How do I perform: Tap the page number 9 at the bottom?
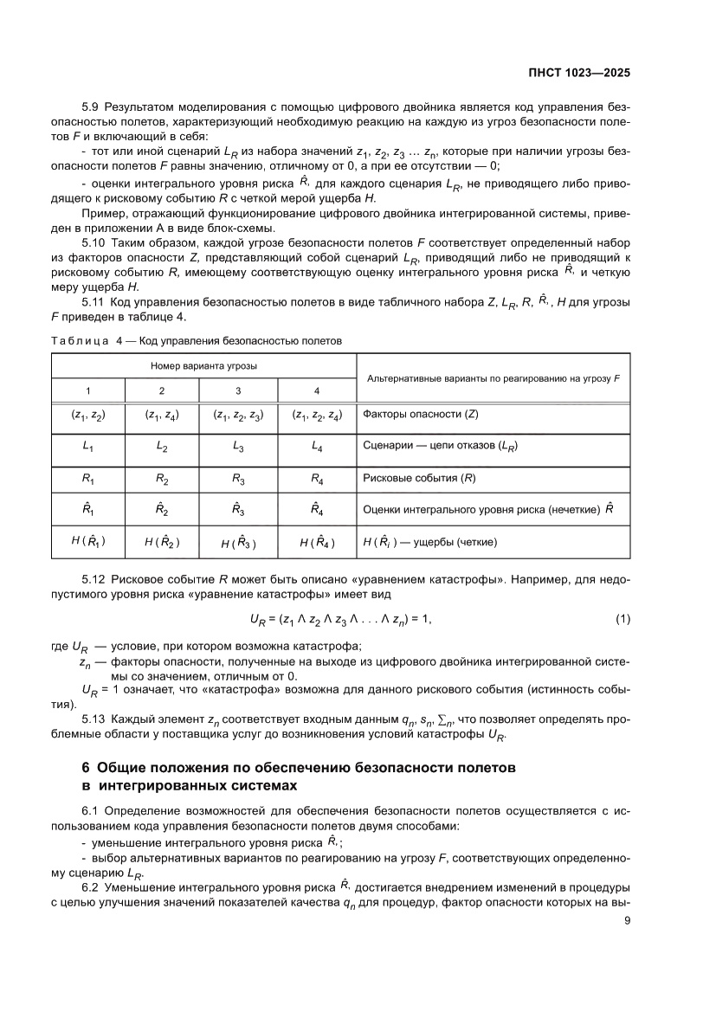click(x=626, y=921)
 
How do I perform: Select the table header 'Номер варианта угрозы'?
click(x=203, y=366)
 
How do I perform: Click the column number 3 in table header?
click(x=238, y=390)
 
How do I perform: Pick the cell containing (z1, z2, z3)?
click(x=238, y=415)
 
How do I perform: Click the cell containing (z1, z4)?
click(x=162, y=415)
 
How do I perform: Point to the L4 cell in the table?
click(x=316, y=446)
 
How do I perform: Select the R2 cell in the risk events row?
click(x=162, y=477)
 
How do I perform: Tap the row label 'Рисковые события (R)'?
click(x=419, y=478)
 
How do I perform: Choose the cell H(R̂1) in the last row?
click(x=88, y=542)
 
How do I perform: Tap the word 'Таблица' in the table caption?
click(x=76, y=341)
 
